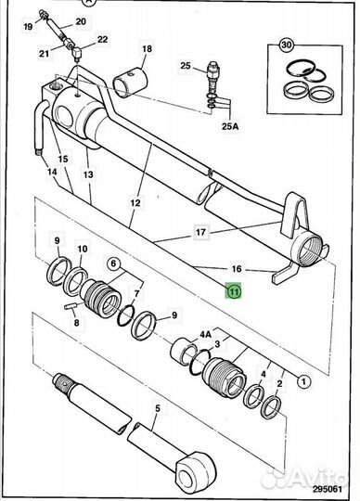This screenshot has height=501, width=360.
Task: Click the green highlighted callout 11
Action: point(234,291)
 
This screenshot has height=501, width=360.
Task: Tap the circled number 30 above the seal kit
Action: point(287,45)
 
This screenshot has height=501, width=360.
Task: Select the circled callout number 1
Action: point(303,381)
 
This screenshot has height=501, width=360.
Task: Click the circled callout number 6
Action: point(113,263)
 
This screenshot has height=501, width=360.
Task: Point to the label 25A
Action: point(230,126)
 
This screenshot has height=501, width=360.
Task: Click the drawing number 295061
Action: point(328,489)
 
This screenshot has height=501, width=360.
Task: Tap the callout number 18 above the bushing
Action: point(147,49)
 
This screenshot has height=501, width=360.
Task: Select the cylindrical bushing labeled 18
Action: point(131,83)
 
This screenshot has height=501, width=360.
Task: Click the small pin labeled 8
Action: point(71,306)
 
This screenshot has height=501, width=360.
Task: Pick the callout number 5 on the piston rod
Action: point(158,408)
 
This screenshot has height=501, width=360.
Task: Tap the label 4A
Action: point(206,335)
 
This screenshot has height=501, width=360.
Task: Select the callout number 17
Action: point(200,232)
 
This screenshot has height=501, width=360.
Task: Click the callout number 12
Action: point(135,202)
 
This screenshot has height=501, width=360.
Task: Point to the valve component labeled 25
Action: point(212,77)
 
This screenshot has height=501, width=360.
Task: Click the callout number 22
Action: point(102,40)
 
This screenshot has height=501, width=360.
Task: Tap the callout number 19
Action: point(28,26)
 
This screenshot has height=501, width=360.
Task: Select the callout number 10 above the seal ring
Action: point(83,249)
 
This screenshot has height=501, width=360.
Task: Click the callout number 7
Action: point(136,293)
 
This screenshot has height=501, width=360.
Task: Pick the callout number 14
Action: point(52,172)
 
